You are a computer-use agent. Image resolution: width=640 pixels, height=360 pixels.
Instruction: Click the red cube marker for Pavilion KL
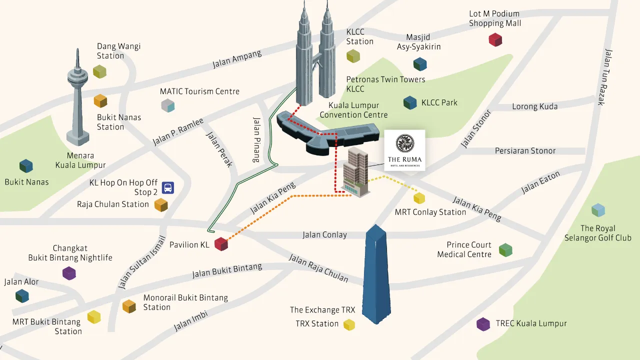[x=221, y=244]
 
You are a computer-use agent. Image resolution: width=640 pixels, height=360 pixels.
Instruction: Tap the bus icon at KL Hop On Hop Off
[x=168, y=188]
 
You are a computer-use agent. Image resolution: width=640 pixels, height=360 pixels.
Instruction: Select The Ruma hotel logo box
[x=404, y=150]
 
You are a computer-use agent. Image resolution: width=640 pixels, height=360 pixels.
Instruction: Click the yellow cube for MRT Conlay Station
[x=419, y=198]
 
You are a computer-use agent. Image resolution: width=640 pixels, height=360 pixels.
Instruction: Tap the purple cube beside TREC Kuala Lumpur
[x=483, y=324]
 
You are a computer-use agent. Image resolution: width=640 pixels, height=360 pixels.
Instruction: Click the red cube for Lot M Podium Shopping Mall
[x=495, y=39]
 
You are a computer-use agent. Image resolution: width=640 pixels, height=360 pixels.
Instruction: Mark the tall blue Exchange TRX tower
[x=377, y=275]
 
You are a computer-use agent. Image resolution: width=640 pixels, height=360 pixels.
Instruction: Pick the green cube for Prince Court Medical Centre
[x=505, y=249]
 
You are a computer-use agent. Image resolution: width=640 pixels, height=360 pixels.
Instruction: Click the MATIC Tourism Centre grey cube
[x=168, y=105]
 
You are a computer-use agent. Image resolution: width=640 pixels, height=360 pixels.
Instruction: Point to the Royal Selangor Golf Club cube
[x=598, y=210]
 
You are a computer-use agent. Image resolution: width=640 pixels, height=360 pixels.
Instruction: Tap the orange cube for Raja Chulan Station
[x=160, y=205]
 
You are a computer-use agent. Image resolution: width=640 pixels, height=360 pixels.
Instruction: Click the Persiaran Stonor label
[x=525, y=150]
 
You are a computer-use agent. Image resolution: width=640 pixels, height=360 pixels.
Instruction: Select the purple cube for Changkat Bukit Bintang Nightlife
[x=69, y=273]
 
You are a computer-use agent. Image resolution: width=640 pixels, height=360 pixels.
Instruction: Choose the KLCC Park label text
[x=439, y=102]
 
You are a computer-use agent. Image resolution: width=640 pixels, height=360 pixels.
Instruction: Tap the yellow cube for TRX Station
[x=349, y=324]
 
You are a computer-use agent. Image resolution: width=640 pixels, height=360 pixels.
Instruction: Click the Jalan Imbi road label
[x=190, y=320]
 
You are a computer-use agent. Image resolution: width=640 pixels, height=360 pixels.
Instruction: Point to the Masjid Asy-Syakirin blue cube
[x=420, y=64]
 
